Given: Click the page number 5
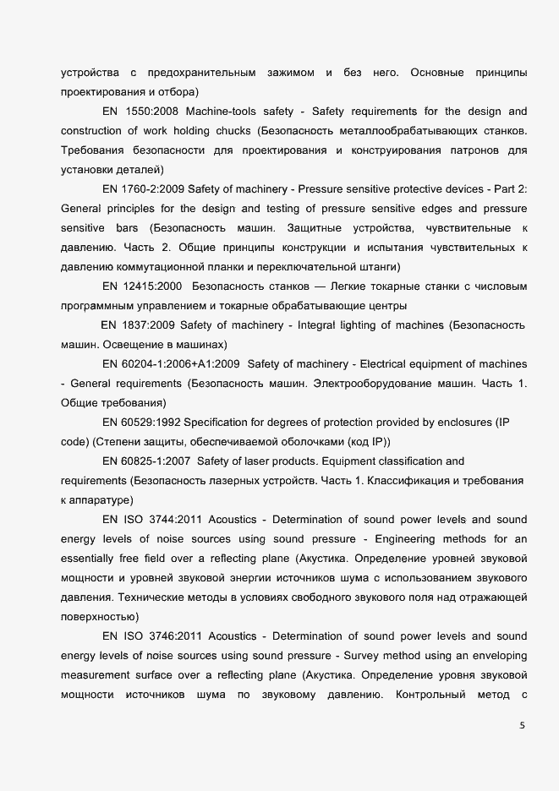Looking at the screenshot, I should (x=522, y=724).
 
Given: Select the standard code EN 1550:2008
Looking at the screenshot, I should (x=140, y=112).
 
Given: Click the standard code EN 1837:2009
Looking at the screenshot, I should (x=138, y=325).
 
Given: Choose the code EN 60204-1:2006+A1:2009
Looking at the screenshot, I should (x=171, y=364).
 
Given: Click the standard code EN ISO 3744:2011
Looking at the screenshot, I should (x=151, y=519).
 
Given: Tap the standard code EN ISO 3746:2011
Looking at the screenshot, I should (x=151, y=636).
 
